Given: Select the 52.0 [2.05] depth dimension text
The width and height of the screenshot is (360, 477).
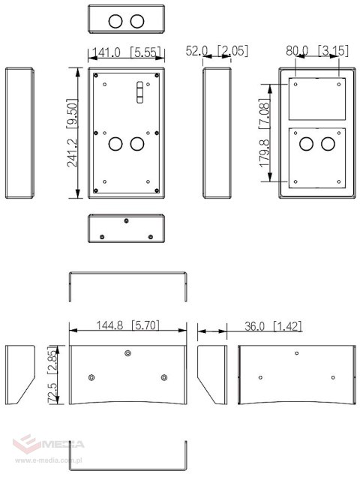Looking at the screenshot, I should click(x=217, y=51).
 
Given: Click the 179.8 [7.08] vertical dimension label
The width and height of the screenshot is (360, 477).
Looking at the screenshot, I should click(x=264, y=140).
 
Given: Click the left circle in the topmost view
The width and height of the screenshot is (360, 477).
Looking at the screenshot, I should click(x=115, y=21).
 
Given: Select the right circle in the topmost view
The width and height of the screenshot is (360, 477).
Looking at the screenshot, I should click(x=136, y=21).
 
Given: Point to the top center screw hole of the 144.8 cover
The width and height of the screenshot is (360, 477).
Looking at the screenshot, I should click(x=128, y=353).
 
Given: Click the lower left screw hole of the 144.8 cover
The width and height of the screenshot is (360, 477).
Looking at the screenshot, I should click(x=91, y=377).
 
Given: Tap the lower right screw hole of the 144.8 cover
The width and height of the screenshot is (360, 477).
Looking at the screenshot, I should click(x=164, y=377).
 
